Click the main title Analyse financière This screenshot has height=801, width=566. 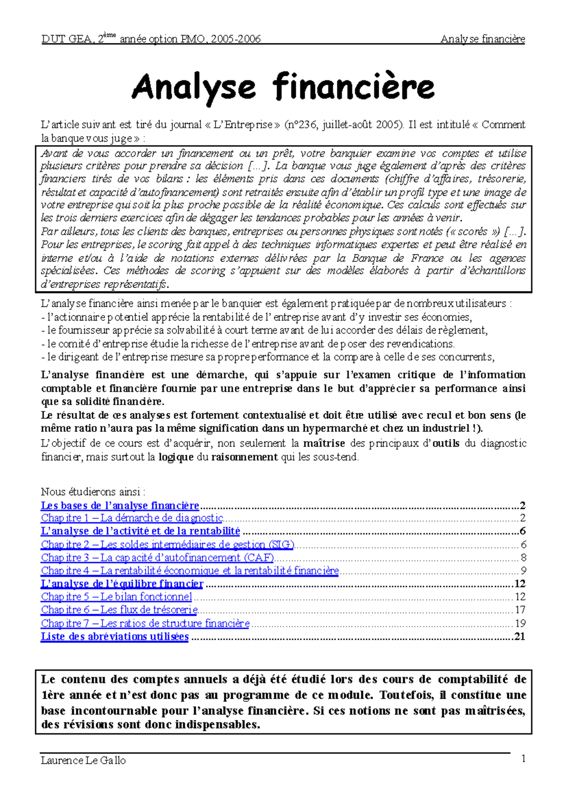coord(283,88)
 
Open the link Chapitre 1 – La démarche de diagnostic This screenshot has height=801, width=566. coord(132,518)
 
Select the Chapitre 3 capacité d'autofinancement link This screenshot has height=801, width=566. coord(158,558)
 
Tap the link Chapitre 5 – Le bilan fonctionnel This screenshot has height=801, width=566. coord(116,597)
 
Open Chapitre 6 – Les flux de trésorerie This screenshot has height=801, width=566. coord(119,610)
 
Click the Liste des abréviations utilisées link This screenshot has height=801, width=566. coord(115,637)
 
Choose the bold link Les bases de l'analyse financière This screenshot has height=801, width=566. coord(120,506)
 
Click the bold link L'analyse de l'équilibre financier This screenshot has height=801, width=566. coord(122,584)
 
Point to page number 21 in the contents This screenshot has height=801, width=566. coord(519,637)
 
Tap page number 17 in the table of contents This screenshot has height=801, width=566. coord(520,610)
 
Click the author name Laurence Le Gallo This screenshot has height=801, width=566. coord(83,760)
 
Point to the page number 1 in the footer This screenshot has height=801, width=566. coord(523,759)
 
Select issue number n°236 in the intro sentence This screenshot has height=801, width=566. coord(302,125)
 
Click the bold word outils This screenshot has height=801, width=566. coord(446,443)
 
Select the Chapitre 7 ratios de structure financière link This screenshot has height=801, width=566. coord(145,624)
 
